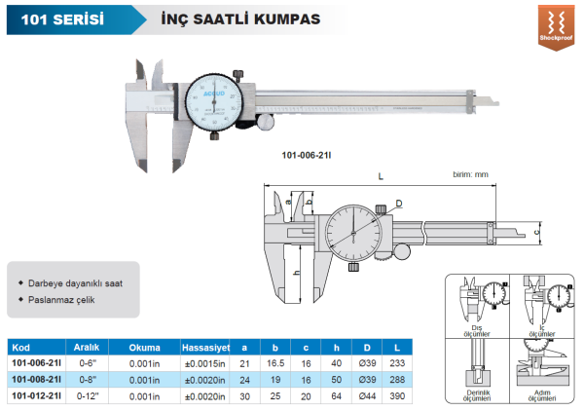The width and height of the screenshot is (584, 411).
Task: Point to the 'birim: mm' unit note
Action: [x=470, y=173]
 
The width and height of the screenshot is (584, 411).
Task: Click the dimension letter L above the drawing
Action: [x=380, y=176]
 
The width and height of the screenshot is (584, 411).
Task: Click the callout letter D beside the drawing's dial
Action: [x=398, y=204]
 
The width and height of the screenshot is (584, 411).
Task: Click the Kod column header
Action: [x=21, y=347]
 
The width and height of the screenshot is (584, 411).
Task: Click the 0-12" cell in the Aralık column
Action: [x=89, y=395]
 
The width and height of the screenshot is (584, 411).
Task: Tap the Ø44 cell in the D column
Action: [x=369, y=395]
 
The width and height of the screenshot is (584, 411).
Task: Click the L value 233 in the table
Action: [x=396, y=362]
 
